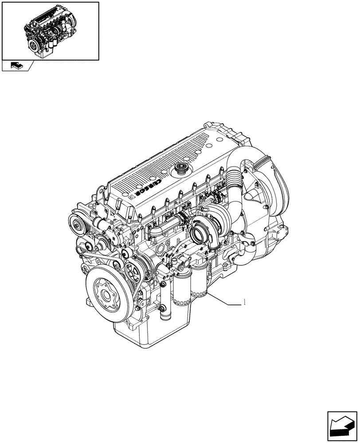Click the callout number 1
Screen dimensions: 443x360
pos(244,303)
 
